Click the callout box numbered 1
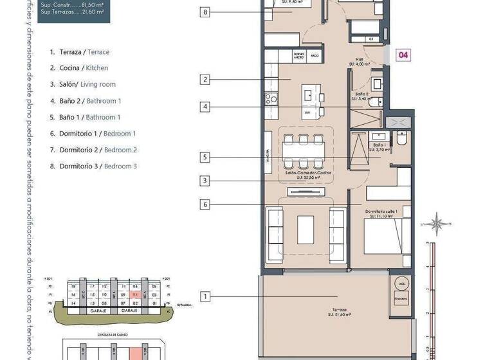[205, 296]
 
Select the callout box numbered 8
[205, 12]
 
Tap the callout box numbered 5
[205, 157]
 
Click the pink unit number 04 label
[403, 55]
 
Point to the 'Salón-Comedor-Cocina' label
[306, 174]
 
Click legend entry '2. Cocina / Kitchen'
[79, 68]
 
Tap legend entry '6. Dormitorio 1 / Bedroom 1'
[93, 134]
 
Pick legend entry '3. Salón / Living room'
[82, 84]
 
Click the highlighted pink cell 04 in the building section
[135, 294]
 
